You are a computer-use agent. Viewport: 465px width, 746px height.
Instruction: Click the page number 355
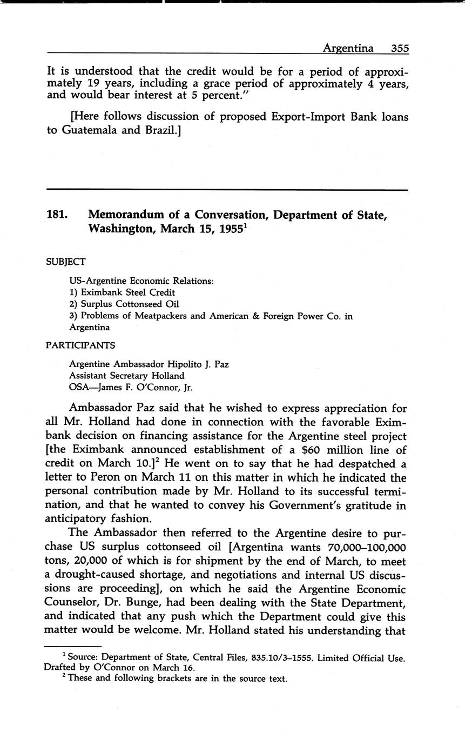(x=400, y=48)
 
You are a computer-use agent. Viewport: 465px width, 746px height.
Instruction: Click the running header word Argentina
(x=348, y=48)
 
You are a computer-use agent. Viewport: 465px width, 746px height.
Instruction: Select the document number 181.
(x=57, y=215)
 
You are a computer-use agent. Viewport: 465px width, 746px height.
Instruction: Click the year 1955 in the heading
(x=226, y=228)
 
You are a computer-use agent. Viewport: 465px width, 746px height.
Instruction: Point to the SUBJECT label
(x=66, y=262)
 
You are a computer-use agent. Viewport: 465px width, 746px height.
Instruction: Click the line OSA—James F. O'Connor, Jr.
(x=131, y=387)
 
